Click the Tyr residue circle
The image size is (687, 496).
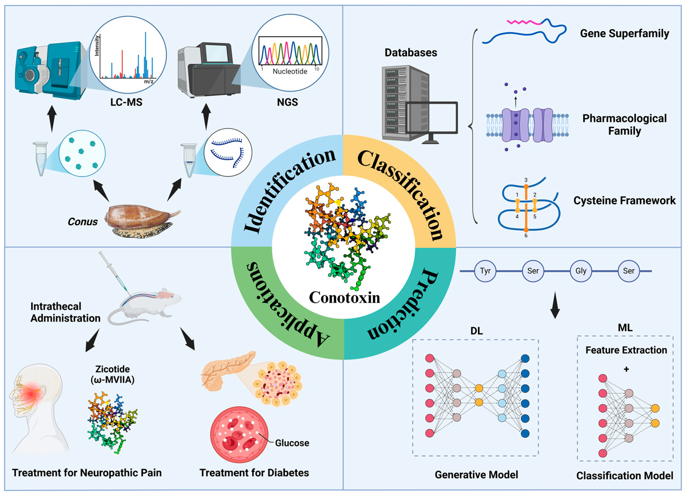click(485, 271)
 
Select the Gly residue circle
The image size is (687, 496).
click(581, 271)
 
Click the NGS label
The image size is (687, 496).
click(287, 102)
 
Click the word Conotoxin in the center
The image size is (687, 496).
click(344, 297)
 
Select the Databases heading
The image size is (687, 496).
click(411, 53)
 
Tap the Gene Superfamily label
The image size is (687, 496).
click(624, 33)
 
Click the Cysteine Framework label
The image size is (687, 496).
click(624, 201)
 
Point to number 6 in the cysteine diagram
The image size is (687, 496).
click(526, 236)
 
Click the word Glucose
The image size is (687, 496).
click(292, 443)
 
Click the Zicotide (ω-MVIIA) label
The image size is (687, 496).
click(112, 374)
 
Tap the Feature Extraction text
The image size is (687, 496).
click(626, 350)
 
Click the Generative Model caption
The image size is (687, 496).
click(476, 475)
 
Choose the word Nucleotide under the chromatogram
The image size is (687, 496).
click(290, 71)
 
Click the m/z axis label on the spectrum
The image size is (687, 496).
click(148, 81)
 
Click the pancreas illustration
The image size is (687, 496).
click(226, 368)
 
